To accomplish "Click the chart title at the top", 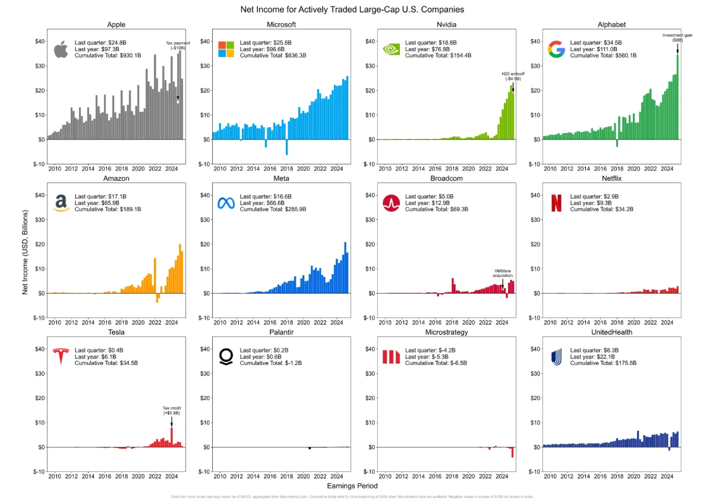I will click(352, 10).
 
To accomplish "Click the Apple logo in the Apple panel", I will click(61, 49).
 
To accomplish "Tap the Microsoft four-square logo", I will click(226, 49).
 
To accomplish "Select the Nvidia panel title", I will click(446, 25).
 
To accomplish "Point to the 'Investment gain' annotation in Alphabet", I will click(677, 37).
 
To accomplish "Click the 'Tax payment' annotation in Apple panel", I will click(178, 46).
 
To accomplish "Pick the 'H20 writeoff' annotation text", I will click(513, 76).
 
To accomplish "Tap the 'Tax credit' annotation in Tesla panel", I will click(172, 410).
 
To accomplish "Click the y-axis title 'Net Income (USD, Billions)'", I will click(25, 251).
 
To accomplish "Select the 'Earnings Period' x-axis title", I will click(352, 486).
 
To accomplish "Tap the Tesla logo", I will click(61, 357).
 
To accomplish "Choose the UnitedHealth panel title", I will click(611, 332).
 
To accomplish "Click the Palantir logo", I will click(226, 357).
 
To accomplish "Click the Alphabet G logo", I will click(556, 49).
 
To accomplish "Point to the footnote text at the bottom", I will click(352, 496).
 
